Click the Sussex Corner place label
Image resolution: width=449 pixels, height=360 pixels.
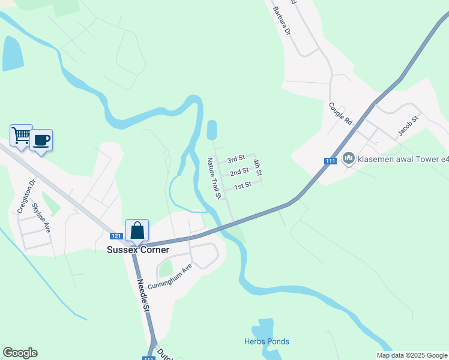point(138,250)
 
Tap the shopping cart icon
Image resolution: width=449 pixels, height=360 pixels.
point(21,136)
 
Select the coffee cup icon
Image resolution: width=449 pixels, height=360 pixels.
point(41,140)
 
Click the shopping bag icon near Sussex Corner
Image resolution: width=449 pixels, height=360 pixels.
point(137,230)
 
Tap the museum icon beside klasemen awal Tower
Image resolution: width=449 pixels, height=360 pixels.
point(348,158)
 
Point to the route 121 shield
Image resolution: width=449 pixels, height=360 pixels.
point(116,236)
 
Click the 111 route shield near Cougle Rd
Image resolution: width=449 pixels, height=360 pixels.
point(330,161)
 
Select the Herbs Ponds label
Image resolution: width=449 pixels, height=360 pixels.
point(267,341)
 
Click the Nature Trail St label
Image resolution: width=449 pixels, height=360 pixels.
point(215,178)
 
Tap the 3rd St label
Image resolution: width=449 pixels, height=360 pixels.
point(236,159)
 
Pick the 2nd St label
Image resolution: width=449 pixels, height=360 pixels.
point(239,172)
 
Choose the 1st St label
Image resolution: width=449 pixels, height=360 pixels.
point(243,186)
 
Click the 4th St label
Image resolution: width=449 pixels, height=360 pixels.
point(258,168)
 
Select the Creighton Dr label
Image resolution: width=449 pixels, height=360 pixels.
point(26,195)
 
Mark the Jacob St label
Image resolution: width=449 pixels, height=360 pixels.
point(407,127)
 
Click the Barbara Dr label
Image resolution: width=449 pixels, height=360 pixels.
point(281,20)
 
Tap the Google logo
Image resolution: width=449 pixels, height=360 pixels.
point(20,353)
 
